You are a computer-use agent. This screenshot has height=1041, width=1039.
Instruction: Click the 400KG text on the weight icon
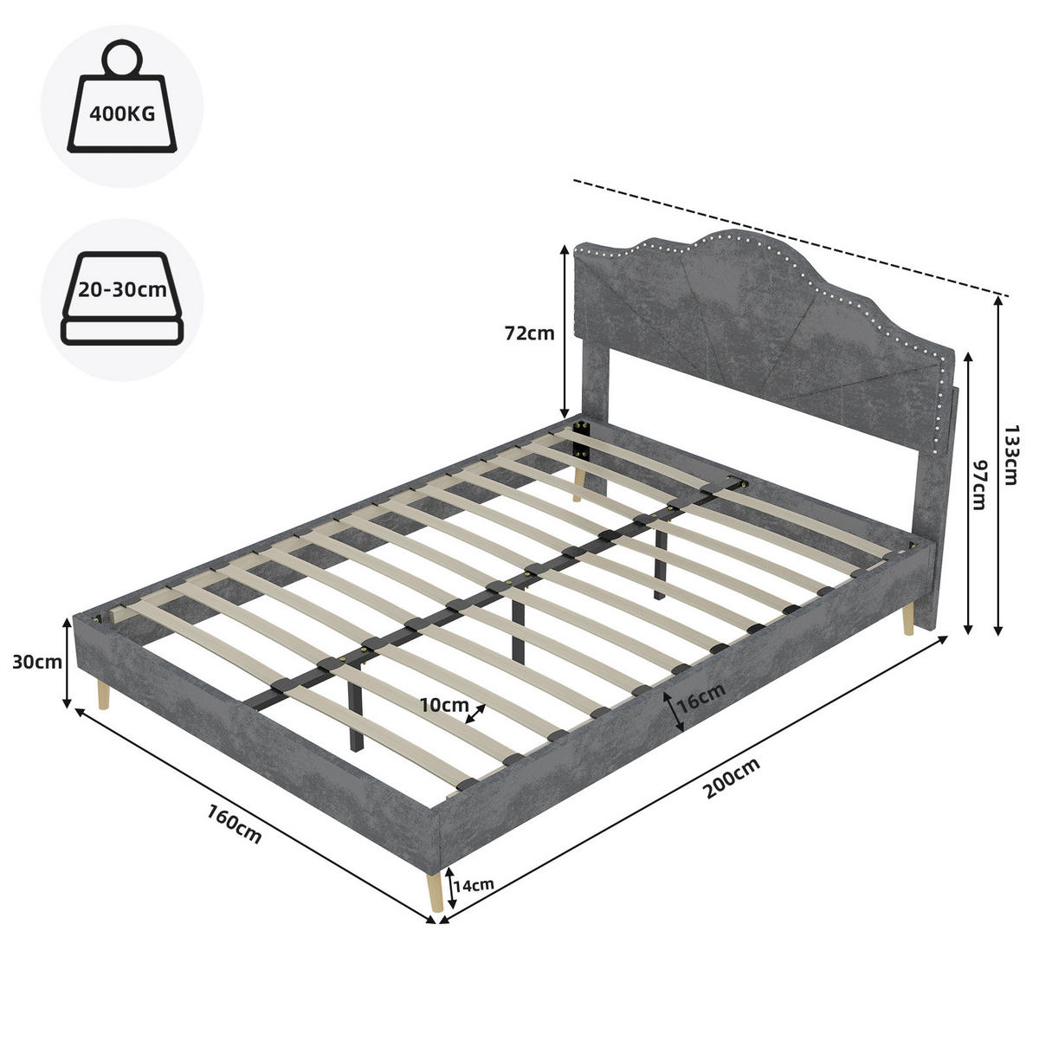click(x=122, y=113)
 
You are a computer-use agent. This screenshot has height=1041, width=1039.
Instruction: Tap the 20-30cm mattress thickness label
click(x=122, y=290)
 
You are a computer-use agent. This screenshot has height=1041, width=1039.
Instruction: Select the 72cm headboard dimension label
click(x=529, y=333)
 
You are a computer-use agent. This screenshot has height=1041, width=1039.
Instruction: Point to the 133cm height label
click(x=1010, y=455)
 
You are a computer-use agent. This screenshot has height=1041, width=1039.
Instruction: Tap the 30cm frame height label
click(x=36, y=662)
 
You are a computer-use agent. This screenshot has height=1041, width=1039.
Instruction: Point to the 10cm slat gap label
click(x=444, y=704)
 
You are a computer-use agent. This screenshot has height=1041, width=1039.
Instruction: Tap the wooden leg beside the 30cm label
click(x=103, y=695)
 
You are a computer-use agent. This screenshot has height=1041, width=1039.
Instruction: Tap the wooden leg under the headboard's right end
click(x=907, y=620)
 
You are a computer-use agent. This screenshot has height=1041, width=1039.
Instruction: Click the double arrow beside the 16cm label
click(x=674, y=712)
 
